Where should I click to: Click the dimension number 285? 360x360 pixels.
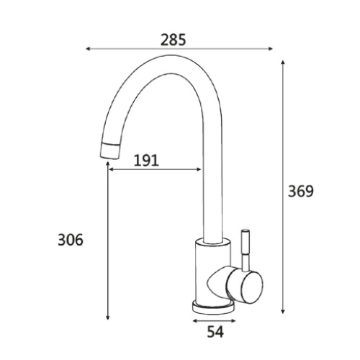click(x=173, y=40)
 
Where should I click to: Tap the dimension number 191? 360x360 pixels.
click(x=146, y=161)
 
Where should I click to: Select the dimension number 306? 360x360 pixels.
click(x=71, y=240)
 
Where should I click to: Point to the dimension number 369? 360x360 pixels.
click(x=301, y=192)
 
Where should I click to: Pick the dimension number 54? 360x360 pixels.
click(x=215, y=332)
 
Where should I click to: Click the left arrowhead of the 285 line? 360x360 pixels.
click(x=88, y=49)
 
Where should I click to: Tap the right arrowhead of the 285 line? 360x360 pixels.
click(x=271, y=49)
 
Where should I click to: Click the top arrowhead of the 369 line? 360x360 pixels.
click(x=283, y=62)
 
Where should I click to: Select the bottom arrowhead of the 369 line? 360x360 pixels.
click(x=283, y=311)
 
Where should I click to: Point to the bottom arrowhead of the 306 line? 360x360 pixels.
click(x=108, y=318)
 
